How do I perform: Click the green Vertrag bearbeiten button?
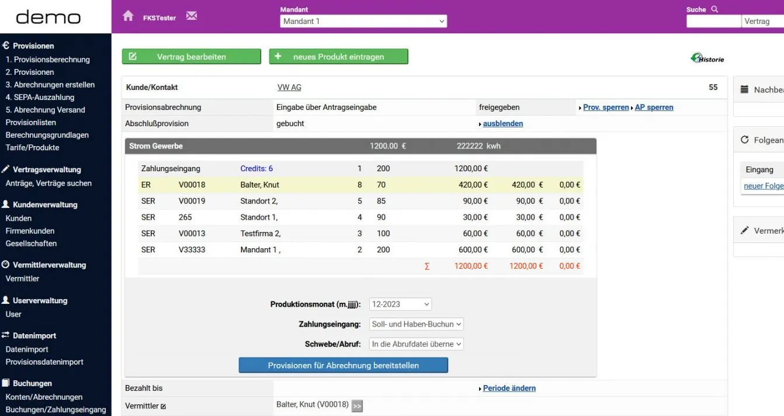click(191, 57)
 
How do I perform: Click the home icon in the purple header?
click(128, 16)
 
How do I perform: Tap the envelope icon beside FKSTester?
click(192, 16)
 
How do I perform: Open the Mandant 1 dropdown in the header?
click(363, 21)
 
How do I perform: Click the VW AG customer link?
click(289, 88)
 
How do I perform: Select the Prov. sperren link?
click(606, 108)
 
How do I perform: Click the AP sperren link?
click(654, 108)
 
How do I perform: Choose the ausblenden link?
click(502, 124)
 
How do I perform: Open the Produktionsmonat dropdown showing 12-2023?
click(400, 304)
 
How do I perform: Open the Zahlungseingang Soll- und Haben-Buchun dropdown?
click(417, 324)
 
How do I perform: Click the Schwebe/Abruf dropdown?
click(417, 344)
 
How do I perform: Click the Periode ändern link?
click(509, 389)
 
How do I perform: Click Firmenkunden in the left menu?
click(30, 231)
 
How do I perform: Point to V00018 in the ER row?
click(192, 185)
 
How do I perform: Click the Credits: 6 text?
click(256, 169)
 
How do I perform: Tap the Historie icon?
click(707, 58)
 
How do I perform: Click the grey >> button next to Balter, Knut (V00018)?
click(357, 406)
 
